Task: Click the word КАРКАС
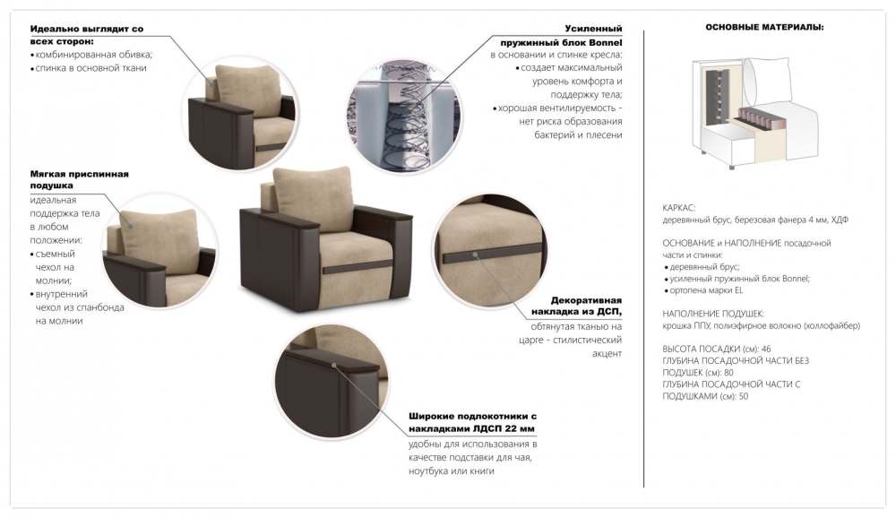(678, 207)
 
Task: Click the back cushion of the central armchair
(313, 198)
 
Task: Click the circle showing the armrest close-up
(331, 380)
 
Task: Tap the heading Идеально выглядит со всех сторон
(86, 35)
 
